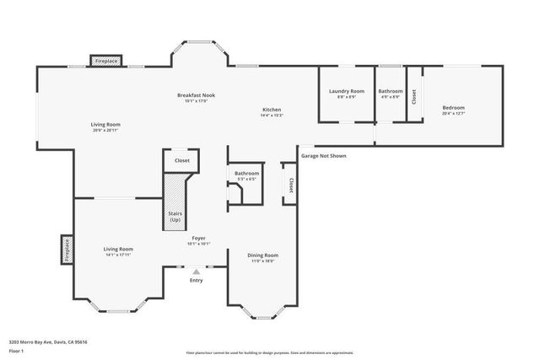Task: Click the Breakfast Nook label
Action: [196, 95]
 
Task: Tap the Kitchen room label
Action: [271, 110]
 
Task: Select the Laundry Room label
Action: [346, 91]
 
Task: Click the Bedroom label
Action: [453, 108]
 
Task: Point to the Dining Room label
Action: [262, 255]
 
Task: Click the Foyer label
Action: [198, 239]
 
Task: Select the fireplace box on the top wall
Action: [106, 62]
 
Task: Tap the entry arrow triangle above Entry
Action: [196, 271]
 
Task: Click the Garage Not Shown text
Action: [323, 155]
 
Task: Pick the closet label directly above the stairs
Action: [181, 160]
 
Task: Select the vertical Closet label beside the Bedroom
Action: [413, 97]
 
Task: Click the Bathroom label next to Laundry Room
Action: [390, 91]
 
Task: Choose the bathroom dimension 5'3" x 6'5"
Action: [246, 180]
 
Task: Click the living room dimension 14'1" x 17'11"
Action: [118, 255]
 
